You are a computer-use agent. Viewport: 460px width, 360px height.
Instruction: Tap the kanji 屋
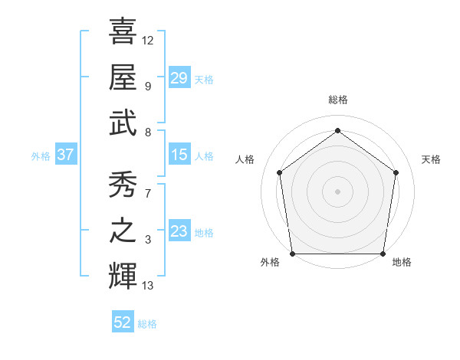pos(123,77)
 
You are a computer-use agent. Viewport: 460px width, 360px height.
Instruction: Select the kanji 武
pos(123,123)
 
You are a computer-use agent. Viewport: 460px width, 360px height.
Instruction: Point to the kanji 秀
pos(123,185)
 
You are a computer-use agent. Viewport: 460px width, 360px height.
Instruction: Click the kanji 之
pos(123,231)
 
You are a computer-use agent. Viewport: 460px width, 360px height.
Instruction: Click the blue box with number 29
pos(179,78)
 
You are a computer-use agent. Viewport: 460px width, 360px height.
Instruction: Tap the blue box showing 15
pos(179,155)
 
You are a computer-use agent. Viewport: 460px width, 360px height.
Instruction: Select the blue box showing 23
pos(179,231)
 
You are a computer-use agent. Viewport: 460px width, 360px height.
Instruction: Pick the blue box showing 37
pos(65,155)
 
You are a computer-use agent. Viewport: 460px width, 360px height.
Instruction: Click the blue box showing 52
pos(123,322)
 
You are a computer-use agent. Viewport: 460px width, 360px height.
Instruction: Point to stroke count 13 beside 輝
pos(148,286)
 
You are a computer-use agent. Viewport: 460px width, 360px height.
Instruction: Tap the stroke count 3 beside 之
pos(148,241)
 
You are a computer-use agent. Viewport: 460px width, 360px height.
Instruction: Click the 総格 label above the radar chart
pos(337,100)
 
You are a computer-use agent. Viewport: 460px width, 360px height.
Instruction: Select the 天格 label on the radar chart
pos(432,159)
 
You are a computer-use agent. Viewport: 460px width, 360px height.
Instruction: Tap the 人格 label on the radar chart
pos(245,159)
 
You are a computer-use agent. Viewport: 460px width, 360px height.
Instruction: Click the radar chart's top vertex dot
pos(337,131)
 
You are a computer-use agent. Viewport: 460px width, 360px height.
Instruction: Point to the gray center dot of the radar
pos(337,191)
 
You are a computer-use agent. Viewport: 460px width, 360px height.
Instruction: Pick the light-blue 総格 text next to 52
pos(147,324)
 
